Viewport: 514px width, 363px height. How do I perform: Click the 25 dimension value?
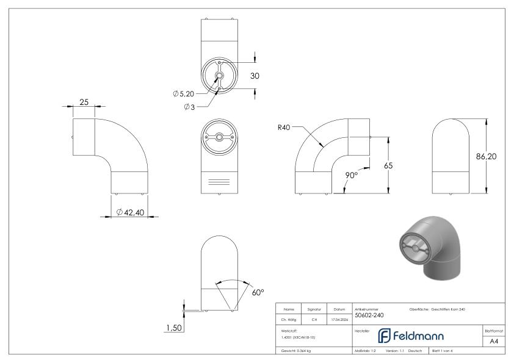pos(85,102)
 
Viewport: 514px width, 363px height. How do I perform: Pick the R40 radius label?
pos(284,128)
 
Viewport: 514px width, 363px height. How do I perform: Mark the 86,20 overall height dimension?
pos(486,157)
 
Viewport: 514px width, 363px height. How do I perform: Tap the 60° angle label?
pos(258,292)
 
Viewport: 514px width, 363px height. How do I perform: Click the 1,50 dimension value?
pos(174,329)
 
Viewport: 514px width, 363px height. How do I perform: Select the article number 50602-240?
pos(370,315)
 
